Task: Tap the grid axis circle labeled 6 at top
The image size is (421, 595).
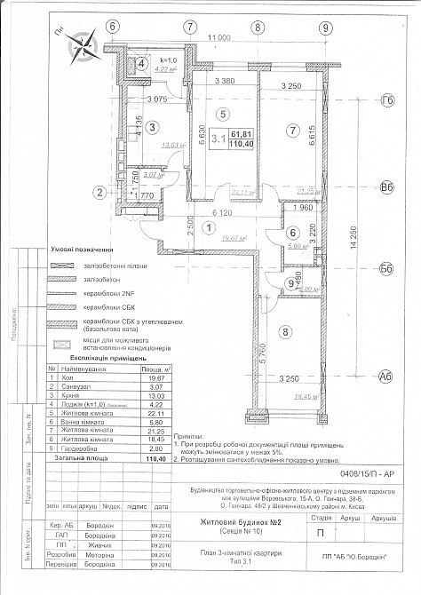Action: pyautogui.click(x=113, y=26)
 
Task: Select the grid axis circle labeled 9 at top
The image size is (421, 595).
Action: pyautogui.click(x=327, y=26)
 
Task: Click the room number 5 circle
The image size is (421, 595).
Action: pyautogui.click(x=223, y=113)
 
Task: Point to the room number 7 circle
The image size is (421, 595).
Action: pyautogui.click(x=290, y=131)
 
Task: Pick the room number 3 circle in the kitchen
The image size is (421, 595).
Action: pyautogui.click(x=153, y=128)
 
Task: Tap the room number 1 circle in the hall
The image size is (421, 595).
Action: pyautogui.click(x=209, y=226)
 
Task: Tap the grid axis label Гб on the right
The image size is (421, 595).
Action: pyautogui.click(x=386, y=102)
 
